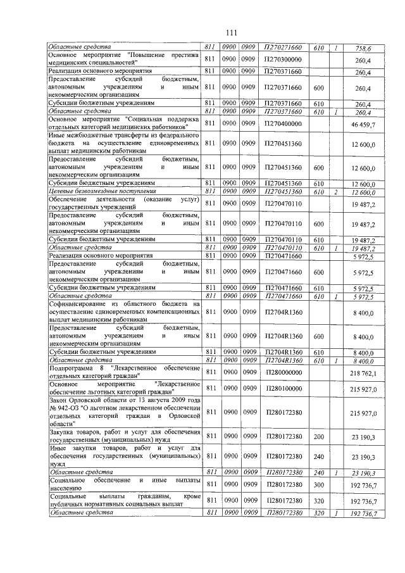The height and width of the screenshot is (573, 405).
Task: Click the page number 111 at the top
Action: point(202,32)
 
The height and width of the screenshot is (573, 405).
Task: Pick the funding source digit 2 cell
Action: point(337,191)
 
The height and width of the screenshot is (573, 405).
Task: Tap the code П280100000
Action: point(283,387)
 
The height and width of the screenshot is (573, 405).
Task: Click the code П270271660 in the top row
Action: point(283,47)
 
